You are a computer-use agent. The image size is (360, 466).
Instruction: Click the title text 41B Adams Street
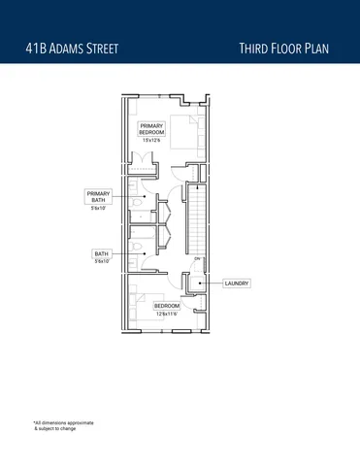pyautogui.click(x=73, y=48)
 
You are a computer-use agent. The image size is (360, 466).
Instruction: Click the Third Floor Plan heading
pyautogui.click(x=288, y=48)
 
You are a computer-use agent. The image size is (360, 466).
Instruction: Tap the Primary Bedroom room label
pyautogui.click(x=151, y=129)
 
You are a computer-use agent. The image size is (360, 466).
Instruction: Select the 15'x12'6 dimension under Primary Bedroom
pyautogui.click(x=151, y=142)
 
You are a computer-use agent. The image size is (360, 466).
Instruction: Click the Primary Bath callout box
pyautogui.click(x=100, y=197)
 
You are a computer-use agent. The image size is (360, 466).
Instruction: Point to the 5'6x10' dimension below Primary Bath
pyautogui.click(x=100, y=209)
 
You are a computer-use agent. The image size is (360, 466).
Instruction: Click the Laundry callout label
pyautogui.click(x=237, y=283)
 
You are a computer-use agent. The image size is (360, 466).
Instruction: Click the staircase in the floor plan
pyautogui.click(x=197, y=218)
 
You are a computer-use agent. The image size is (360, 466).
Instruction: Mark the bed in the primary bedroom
pyautogui.click(x=182, y=127)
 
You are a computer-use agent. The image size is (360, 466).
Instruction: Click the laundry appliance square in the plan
pyautogui.click(x=195, y=284)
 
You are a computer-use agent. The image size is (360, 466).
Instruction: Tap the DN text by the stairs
pyautogui.click(x=196, y=260)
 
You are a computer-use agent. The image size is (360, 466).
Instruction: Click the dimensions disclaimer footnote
pyautogui.click(x=64, y=425)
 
